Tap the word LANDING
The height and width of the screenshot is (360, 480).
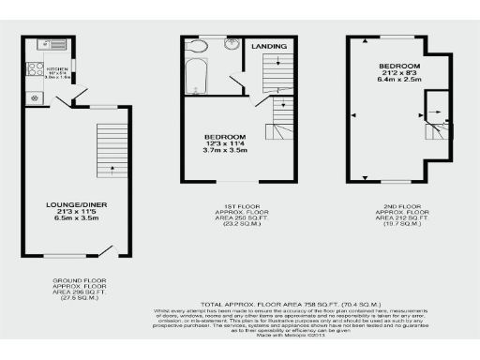[x=269, y=45]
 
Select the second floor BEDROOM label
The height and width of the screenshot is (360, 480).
[x=399, y=65]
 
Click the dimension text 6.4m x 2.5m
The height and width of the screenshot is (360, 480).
[x=399, y=80]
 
